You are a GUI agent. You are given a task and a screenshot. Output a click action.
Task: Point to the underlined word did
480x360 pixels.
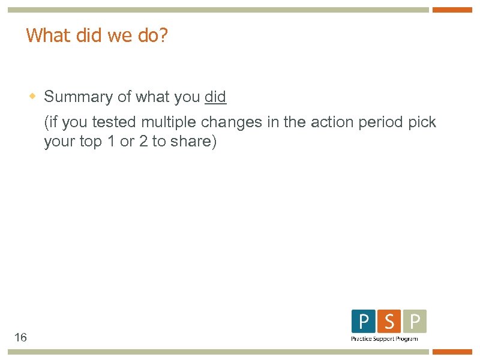point(215,97)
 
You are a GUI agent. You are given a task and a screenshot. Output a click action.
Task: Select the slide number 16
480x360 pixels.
point(20,337)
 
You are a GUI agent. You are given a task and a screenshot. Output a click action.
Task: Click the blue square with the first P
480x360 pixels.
point(364,322)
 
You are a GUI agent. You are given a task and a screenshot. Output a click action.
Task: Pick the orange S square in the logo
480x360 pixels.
point(389,322)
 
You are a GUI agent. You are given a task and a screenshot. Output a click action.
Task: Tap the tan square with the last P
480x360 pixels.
point(415,322)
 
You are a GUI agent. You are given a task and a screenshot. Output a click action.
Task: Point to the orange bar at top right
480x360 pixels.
point(452,10)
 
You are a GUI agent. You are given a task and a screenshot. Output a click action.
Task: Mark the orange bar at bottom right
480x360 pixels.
point(452,352)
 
